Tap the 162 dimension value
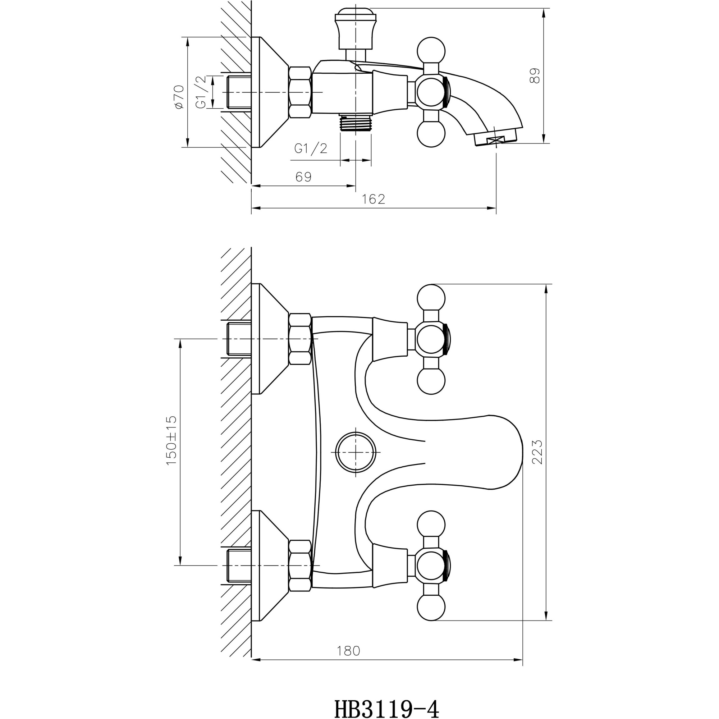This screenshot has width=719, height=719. (x=373, y=199)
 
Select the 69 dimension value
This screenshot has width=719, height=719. (x=303, y=177)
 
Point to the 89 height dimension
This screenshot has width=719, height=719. (x=535, y=75)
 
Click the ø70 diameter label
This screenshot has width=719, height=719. (x=179, y=97)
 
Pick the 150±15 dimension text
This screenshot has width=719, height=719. (x=171, y=441)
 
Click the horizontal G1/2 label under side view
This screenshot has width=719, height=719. (x=310, y=148)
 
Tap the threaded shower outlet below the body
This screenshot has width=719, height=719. (x=356, y=123)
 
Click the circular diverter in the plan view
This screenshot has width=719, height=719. (x=356, y=452)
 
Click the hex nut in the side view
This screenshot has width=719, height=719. (x=300, y=93)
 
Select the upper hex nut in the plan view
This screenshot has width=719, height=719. (x=300, y=339)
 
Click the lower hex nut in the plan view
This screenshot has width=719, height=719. (x=300, y=565)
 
